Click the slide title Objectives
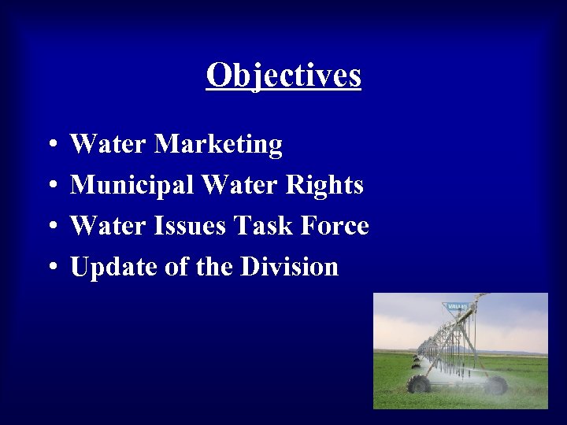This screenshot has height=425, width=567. click(x=283, y=76)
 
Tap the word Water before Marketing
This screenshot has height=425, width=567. click(x=108, y=145)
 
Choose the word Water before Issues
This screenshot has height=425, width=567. click(x=108, y=227)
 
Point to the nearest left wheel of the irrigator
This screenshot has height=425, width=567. click(x=419, y=384)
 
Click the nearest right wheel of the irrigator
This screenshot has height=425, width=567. click(x=496, y=385)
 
